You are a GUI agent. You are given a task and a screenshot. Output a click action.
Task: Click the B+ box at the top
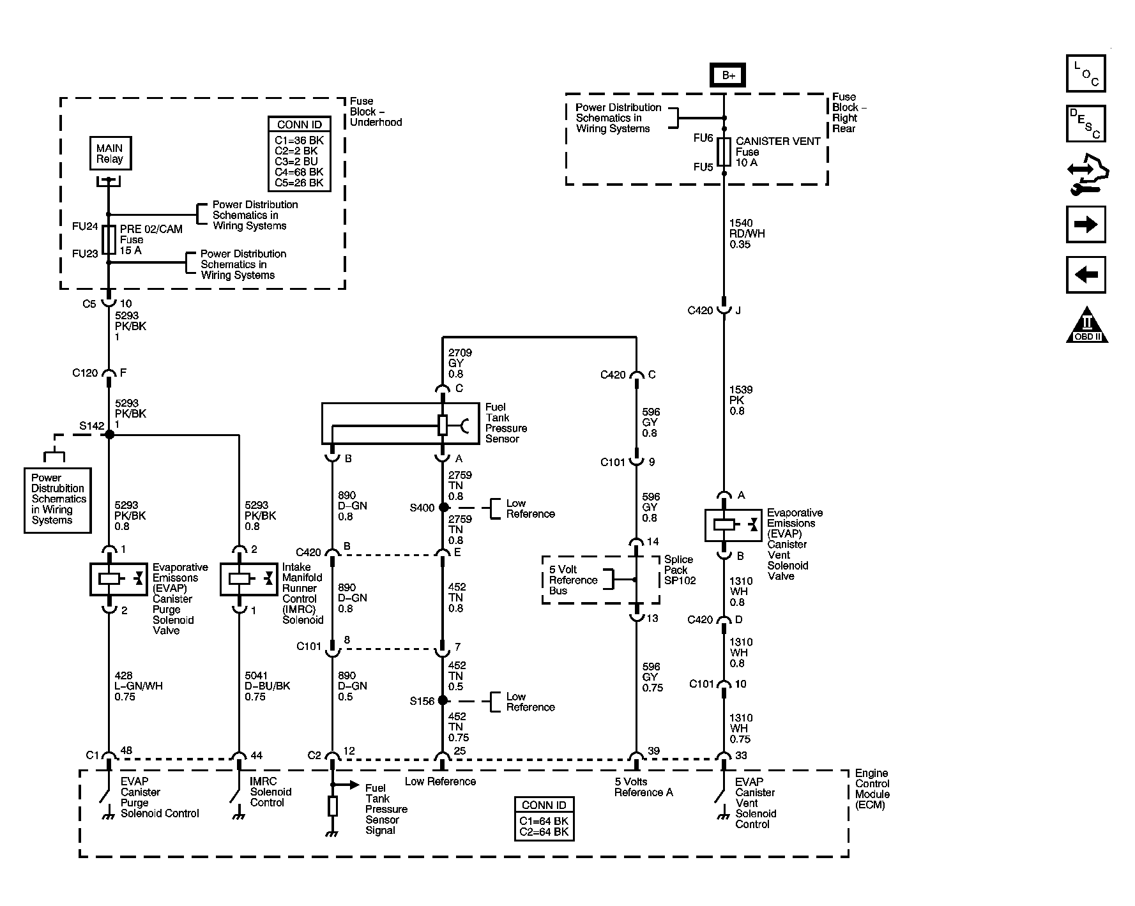pos(728,75)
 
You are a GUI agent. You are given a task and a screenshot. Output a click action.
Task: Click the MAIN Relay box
pos(110,153)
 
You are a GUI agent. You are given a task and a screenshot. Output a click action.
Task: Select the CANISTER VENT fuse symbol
pos(724,152)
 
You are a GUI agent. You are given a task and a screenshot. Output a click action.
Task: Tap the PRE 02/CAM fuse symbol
pos(109,239)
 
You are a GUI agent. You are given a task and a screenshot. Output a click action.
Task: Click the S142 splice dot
pos(109,434)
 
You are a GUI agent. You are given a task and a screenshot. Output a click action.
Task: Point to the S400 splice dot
pos(443,508)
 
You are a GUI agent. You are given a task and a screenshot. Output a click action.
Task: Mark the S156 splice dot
pos(443,700)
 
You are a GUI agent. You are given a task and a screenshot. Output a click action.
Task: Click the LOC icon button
pos(1085,73)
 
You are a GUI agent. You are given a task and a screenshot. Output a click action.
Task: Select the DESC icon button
pos(1085,123)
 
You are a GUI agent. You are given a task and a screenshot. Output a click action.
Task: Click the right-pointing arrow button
pos(1085,224)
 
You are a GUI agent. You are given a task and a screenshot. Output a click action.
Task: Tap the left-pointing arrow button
pos(1085,275)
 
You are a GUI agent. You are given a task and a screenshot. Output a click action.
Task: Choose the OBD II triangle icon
pos(1086,326)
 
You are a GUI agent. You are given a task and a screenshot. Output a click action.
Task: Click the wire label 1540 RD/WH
pos(747,234)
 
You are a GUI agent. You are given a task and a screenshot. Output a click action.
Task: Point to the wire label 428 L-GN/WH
pos(139,686)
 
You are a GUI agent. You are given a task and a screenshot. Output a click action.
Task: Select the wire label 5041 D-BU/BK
pos(267,686)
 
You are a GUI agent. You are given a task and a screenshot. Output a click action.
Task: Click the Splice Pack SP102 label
pos(680,570)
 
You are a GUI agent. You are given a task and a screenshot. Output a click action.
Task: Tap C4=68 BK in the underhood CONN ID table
pos(299,172)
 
